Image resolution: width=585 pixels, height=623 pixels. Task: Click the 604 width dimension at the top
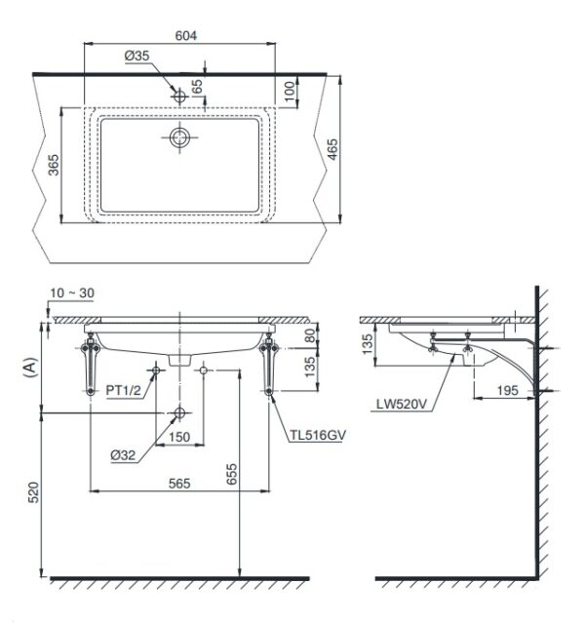pyautogui.click(x=186, y=35)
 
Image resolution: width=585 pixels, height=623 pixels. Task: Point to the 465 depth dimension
pyautogui.click(x=332, y=149)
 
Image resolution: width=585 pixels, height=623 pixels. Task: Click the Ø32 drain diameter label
pyautogui.click(x=123, y=454)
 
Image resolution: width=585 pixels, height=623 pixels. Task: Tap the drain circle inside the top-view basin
pyautogui.click(x=180, y=137)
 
